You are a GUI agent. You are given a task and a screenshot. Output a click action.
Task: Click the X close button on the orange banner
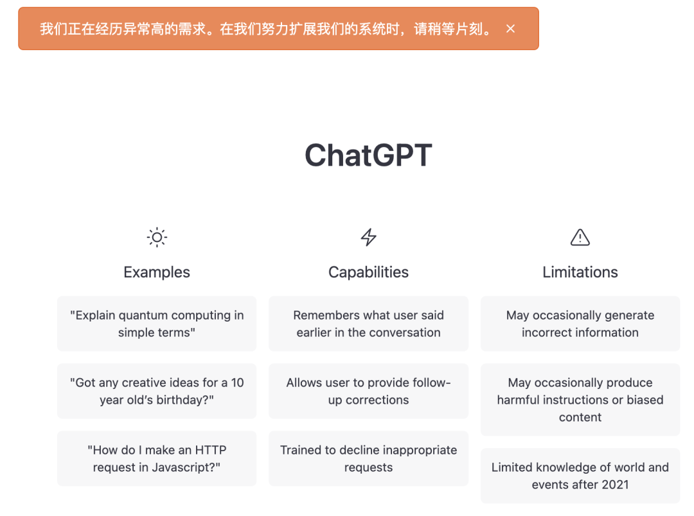tap(510, 29)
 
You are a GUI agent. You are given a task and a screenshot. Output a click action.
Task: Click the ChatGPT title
tap(368, 155)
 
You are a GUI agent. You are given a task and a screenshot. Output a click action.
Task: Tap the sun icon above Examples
tap(157, 237)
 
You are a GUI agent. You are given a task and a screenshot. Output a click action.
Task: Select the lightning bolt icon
tap(368, 237)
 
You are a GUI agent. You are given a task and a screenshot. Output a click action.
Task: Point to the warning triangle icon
tap(580, 237)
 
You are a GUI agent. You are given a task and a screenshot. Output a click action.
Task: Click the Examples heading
tap(157, 272)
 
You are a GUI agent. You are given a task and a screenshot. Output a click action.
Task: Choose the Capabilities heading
tap(368, 272)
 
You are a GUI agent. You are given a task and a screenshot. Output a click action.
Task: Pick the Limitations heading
tap(580, 272)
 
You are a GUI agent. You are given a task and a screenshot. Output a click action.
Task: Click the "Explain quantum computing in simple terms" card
tap(157, 323)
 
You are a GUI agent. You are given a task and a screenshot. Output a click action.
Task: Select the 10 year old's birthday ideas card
tap(157, 391)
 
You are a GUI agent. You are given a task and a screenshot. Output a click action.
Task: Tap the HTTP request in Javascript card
tap(157, 458)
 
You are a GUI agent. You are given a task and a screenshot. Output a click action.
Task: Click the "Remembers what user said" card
tap(368, 323)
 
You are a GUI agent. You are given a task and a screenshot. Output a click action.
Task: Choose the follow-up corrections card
tap(368, 391)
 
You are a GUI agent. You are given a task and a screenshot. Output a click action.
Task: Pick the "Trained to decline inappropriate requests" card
tap(368, 458)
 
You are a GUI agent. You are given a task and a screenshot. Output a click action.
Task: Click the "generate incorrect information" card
tap(580, 323)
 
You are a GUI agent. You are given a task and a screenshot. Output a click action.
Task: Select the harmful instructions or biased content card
tap(580, 400)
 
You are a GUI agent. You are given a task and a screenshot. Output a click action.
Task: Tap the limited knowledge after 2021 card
tap(580, 476)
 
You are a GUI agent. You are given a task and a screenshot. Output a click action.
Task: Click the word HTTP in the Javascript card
tap(211, 450)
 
